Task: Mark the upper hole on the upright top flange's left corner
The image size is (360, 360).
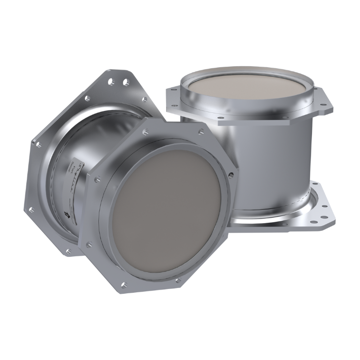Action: tap(173, 88)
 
